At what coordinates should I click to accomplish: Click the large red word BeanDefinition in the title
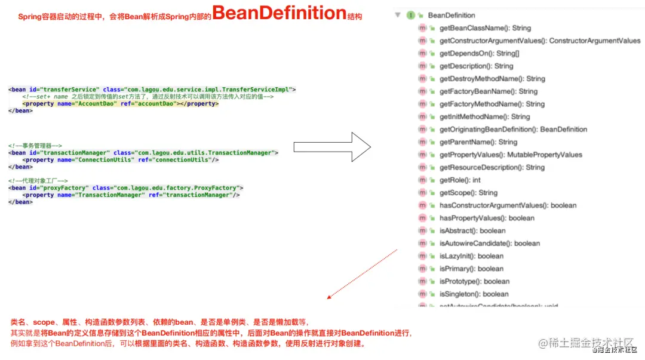[279, 13]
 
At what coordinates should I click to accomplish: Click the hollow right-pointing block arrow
[332, 147]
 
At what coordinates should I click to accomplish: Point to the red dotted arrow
[362, 273]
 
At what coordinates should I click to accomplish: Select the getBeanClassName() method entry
[484, 28]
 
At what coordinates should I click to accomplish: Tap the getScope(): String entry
[468, 193]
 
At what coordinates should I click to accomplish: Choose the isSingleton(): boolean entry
[474, 294]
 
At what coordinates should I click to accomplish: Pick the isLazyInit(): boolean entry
[471, 256]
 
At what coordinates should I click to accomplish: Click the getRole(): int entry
[459, 180]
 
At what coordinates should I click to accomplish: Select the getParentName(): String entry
[478, 142]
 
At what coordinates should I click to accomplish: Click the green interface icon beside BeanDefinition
[411, 16]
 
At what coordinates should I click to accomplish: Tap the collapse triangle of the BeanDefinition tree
[397, 16]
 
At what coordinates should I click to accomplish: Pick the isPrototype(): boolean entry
[474, 281]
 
